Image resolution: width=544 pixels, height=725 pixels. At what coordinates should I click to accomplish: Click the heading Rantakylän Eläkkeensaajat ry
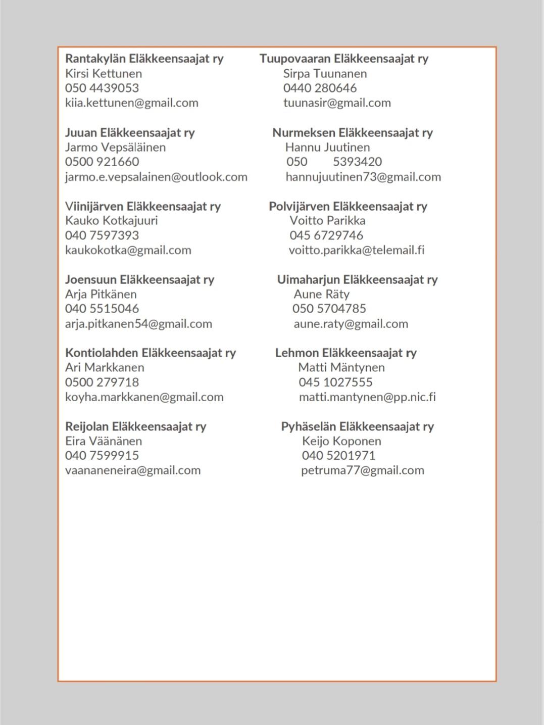point(144,59)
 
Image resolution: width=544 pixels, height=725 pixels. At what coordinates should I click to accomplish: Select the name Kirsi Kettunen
point(104,73)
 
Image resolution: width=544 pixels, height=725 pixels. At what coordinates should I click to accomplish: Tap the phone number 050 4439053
point(102,88)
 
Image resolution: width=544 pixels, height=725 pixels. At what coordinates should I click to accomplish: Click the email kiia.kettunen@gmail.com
point(131,103)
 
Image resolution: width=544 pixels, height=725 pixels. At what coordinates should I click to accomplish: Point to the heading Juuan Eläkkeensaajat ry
point(130,133)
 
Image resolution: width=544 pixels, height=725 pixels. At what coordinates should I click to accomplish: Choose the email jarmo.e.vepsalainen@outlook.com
point(156,177)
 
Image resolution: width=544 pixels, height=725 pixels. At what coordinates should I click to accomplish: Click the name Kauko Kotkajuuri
point(112,221)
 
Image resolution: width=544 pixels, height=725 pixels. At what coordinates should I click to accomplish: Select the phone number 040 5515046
point(102,309)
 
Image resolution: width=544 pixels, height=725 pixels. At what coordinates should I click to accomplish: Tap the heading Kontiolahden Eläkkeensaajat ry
point(151,353)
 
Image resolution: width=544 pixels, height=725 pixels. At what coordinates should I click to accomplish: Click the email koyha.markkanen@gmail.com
point(144,397)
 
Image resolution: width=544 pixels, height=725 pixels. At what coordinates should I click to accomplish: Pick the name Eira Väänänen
point(104,441)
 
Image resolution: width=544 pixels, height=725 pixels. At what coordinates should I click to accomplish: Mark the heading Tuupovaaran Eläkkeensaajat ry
point(344,59)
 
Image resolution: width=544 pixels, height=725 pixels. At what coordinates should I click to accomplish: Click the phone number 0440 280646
point(320,88)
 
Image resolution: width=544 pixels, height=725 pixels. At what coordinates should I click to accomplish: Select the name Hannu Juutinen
point(327,148)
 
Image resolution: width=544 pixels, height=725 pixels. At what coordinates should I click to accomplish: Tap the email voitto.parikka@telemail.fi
point(357,250)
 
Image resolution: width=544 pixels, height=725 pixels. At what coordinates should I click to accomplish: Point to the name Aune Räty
point(321,294)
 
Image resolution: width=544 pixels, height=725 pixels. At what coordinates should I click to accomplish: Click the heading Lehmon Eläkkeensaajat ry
point(346,353)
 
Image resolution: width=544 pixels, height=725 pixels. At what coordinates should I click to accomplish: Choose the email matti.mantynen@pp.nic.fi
point(367,397)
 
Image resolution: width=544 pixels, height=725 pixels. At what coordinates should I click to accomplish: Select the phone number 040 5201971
point(338,456)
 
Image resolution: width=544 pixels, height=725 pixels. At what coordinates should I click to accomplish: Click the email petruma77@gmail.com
point(363,470)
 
